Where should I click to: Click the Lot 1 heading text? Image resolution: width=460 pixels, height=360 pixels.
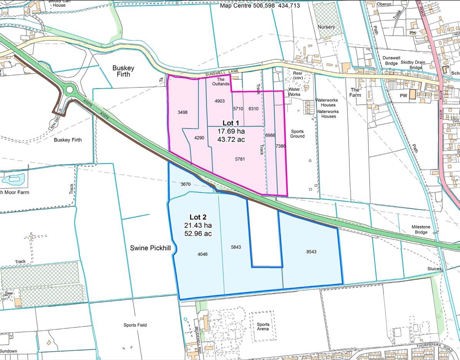tap(231, 123)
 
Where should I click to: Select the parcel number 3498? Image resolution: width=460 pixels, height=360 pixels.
tap(183, 112)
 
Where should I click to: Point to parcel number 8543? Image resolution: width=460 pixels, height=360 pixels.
tap(311, 252)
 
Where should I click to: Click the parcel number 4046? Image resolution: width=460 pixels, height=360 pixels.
tap(203, 254)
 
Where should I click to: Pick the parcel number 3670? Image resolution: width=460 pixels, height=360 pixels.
tap(186, 184)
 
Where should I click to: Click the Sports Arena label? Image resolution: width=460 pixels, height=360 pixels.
tap(263, 327)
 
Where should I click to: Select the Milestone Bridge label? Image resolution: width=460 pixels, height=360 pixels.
tap(421, 230)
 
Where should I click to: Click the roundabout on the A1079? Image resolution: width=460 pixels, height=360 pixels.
tap(70, 90)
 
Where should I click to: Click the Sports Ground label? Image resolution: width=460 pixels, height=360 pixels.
tap(297, 133)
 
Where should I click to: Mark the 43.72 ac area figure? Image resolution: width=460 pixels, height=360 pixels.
tap(231, 140)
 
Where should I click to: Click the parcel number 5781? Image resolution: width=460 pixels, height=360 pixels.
tap(240, 158)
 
